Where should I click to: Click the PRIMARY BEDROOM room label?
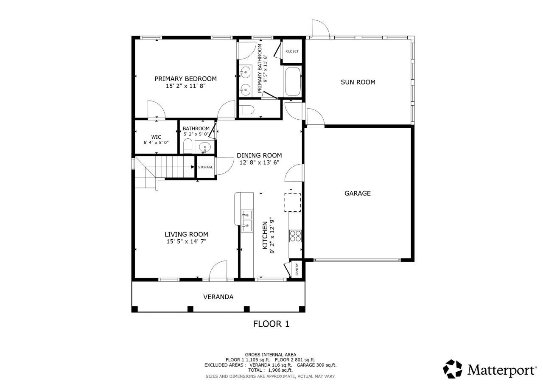185,78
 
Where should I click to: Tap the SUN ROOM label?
358,82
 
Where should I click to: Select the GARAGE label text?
357,193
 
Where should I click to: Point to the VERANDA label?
218,297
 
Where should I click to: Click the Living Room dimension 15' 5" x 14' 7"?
186,241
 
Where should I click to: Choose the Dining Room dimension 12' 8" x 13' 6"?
259,163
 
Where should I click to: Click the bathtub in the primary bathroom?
293,81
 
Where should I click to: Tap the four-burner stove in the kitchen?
295,235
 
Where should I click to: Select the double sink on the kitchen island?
246,221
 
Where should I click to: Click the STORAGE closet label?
205,167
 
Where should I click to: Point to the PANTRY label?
297,269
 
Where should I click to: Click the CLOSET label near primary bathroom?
292,51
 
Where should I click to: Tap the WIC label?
156,137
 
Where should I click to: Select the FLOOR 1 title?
271,324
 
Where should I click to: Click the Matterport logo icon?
453,369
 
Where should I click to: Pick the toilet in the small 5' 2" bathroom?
188,146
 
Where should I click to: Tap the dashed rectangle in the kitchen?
292,202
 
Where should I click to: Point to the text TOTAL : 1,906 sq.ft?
270,370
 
